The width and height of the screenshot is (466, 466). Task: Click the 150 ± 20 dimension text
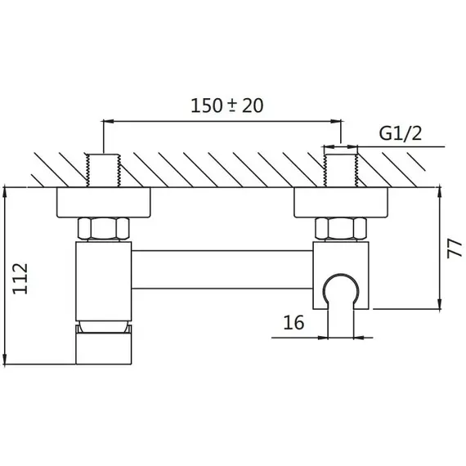226,105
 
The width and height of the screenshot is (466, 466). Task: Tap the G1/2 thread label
401,133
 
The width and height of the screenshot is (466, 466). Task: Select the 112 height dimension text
20,279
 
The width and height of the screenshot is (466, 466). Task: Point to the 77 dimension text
455,249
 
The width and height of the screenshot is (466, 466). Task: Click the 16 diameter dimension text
293,322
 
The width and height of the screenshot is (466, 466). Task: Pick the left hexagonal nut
104,228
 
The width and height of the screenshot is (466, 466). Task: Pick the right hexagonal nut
341,228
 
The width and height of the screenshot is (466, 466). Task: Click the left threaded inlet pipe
103,170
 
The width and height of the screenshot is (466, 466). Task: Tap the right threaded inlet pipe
341,170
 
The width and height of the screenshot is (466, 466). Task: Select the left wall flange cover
104,203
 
